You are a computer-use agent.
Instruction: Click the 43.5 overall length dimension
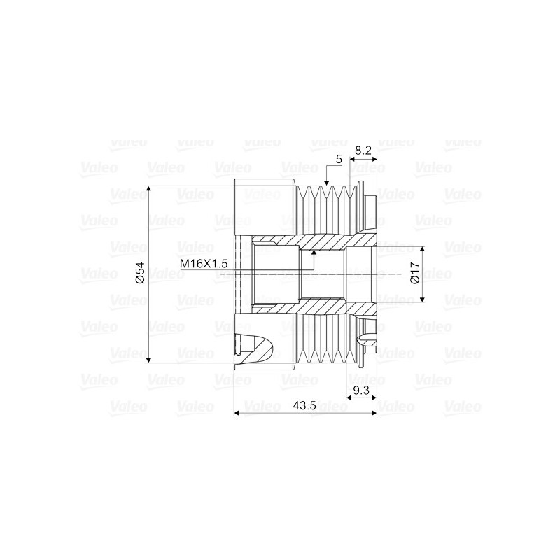click(x=302, y=405)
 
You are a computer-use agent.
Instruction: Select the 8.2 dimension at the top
click(x=363, y=150)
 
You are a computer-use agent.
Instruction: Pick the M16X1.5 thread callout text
click(x=204, y=264)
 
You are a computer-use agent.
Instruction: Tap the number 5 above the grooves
click(x=339, y=160)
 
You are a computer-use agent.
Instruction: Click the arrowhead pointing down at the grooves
click(x=326, y=183)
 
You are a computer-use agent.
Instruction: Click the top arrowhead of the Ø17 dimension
click(x=423, y=250)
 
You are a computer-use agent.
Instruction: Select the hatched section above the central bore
click(x=322, y=241)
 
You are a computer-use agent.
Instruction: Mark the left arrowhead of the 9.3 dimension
click(x=351, y=398)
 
